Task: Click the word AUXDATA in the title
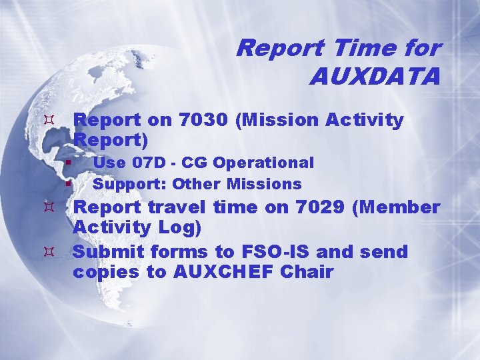[375, 76]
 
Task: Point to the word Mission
[280, 120]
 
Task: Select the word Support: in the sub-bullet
[130, 183]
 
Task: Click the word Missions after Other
[266, 183]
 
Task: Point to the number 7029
[315, 207]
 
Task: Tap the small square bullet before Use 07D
[69, 162]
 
